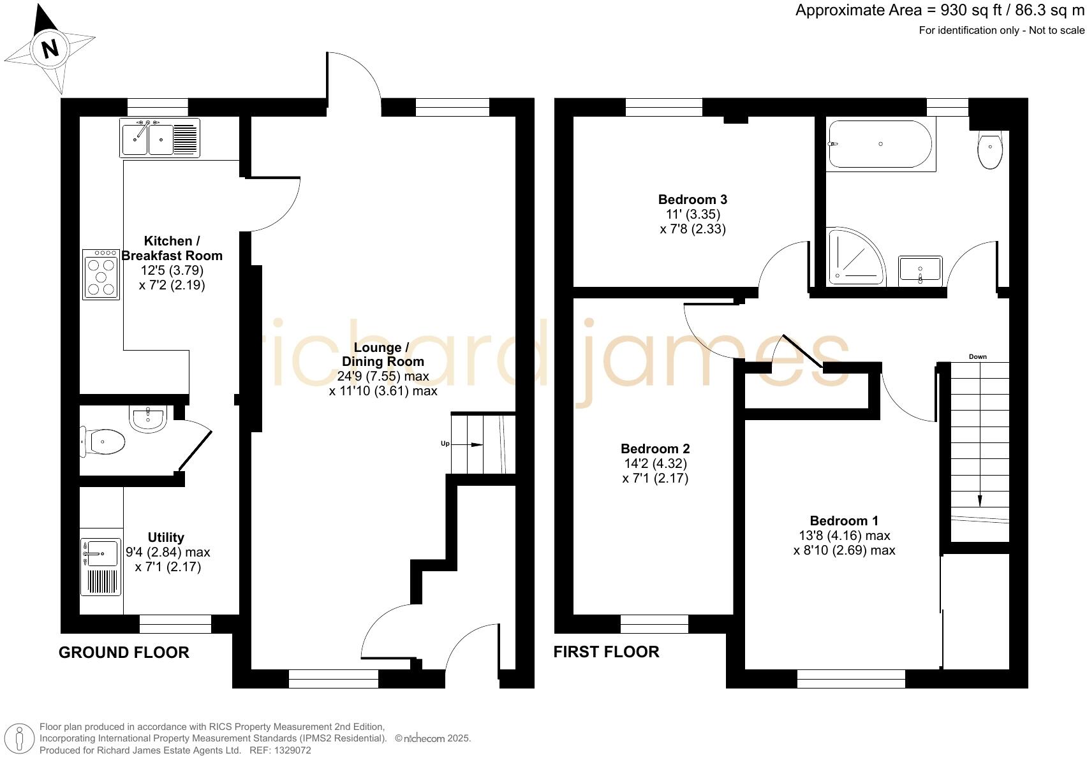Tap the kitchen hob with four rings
(101, 274)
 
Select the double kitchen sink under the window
(159, 138)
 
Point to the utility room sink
(100, 553)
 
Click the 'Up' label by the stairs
(445, 444)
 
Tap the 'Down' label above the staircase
(977, 357)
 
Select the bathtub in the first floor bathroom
(880, 144)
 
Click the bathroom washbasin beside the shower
(920, 269)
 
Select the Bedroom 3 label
(693, 200)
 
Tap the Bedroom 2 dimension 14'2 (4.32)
(655, 463)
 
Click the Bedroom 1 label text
(844, 521)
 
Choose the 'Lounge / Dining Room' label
(383, 354)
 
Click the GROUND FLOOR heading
(124, 652)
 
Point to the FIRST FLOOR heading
(606, 652)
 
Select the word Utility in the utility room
(166, 537)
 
